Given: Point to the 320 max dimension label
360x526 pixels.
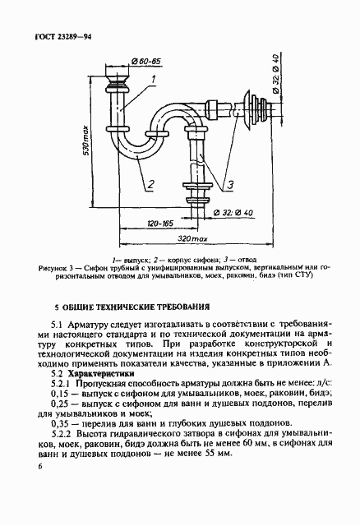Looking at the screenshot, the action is [192, 238].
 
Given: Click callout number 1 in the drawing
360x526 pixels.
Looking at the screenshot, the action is [152, 80].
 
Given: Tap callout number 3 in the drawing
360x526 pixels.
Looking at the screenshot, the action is [231, 184].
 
